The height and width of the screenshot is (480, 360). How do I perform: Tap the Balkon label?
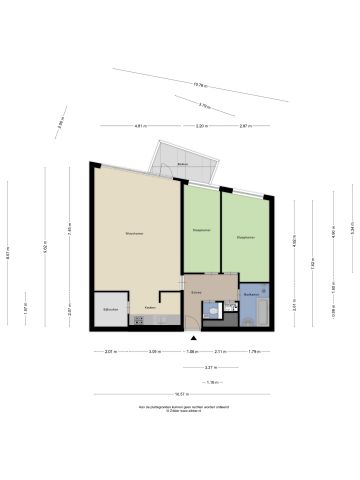coord(183,163)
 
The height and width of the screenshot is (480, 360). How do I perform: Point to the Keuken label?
coord(149,307)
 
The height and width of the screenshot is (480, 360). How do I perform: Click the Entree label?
coord(196,294)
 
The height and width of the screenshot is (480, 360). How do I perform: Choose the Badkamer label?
coord(253,294)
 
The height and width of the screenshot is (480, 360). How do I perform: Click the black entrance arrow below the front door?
coord(192,336)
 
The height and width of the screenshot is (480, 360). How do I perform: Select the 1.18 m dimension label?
coord(211,382)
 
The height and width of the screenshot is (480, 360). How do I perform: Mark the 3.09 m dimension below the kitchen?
coord(154,351)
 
